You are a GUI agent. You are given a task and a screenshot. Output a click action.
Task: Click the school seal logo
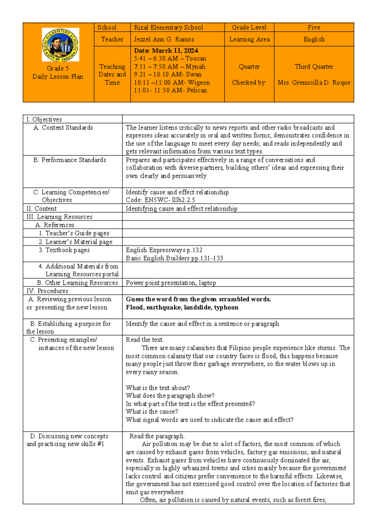60,45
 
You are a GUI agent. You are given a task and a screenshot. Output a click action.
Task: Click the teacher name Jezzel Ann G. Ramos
164,39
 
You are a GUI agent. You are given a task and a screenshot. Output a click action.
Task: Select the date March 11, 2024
166,51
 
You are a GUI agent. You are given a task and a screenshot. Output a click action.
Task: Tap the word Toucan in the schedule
196,58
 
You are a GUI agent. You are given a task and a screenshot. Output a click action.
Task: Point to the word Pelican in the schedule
197,90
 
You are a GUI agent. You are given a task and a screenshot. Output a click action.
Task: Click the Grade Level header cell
249,28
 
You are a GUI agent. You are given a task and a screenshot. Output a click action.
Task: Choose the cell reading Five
314,28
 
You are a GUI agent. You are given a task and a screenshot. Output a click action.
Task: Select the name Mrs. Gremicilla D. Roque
314,82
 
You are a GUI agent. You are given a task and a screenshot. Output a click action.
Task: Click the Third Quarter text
314,66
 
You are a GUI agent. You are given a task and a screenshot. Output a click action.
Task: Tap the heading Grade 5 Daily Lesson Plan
58,72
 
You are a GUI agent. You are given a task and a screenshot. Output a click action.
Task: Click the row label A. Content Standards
63,128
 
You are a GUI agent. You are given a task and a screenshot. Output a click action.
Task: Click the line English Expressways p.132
164,250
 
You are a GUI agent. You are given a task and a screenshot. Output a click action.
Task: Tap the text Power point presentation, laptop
171,283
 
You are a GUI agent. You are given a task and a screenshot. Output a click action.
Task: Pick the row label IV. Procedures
47,291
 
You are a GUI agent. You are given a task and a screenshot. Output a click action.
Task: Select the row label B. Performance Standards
70,160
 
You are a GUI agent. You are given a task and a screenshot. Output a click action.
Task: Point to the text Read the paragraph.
157,436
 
